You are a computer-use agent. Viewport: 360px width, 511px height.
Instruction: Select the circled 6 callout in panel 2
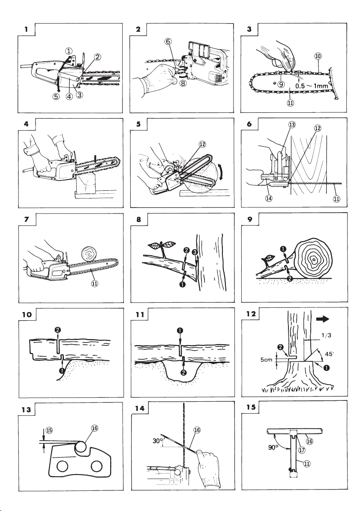click(168, 42)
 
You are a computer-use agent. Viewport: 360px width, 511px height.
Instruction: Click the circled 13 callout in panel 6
click(292, 125)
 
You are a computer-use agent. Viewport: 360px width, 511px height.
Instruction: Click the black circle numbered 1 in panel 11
click(180, 331)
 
